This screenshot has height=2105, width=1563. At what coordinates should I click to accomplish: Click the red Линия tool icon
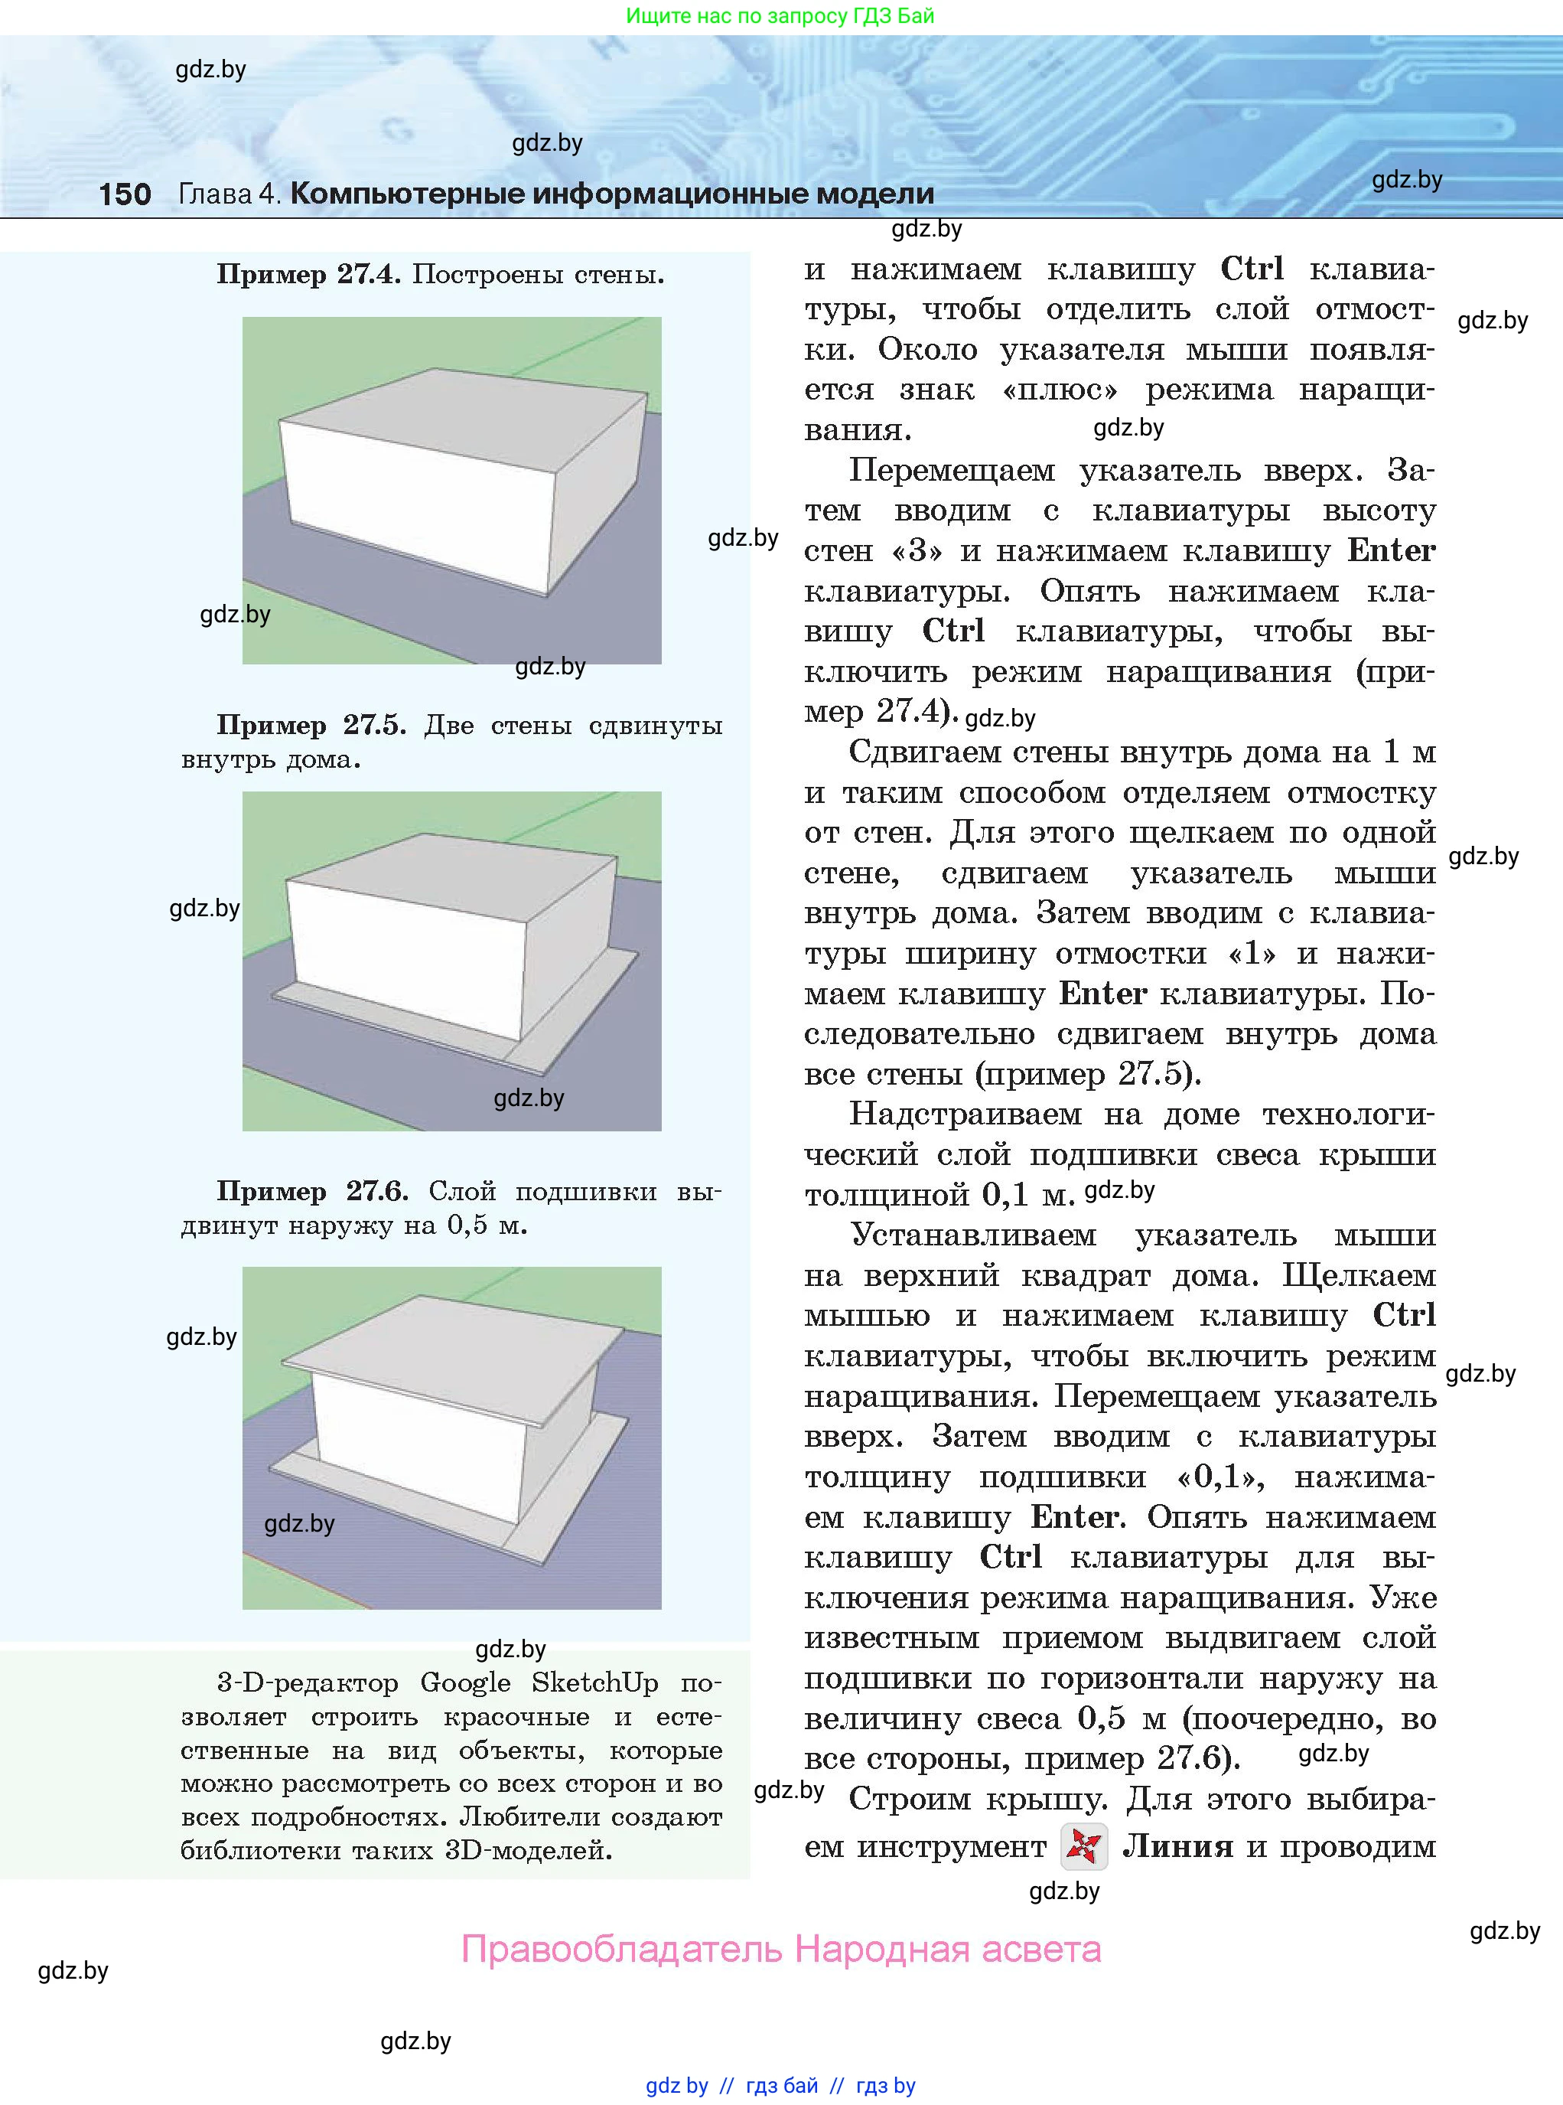[x=1083, y=1846]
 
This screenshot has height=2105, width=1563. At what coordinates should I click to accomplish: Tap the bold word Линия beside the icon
[x=1177, y=1846]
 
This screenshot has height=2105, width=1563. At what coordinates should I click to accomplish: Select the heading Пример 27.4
[x=308, y=275]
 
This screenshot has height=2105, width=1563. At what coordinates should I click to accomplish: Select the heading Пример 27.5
[x=311, y=725]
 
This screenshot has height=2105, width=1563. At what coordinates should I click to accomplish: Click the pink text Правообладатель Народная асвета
[x=780, y=1949]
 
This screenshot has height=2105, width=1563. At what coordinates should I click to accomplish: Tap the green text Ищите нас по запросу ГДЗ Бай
[x=780, y=16]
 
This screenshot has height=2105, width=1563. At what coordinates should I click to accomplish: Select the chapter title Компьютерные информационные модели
[x=611, y=194]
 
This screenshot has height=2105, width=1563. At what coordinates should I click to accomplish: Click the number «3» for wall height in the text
[x=916, y=550]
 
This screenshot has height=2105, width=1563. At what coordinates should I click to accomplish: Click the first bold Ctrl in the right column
[x=1251, y=269]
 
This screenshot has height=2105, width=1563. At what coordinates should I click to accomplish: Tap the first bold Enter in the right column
[x=1391, y=550]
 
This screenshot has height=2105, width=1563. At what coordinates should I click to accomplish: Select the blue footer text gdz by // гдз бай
[x=732, y=2085]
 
